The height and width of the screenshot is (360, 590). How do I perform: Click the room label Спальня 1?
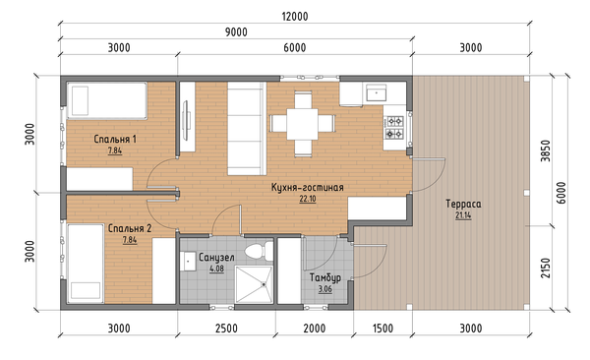click(x=115, y=139)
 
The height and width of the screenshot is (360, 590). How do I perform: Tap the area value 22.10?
click(x=308, y=199)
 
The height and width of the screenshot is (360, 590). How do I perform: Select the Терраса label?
click(x=463, y=204)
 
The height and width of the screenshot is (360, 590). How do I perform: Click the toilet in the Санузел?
click(x=259, y=250)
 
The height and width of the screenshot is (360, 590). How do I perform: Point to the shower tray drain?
click(x=265, y=284)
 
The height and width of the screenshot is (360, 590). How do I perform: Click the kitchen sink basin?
click(x=377, y=92)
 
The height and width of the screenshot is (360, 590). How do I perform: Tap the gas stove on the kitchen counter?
click(x=394, y=127)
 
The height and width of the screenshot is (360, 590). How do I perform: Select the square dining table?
click(x=302, y=124)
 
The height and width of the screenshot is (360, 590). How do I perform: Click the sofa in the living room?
click(x=247, y=129)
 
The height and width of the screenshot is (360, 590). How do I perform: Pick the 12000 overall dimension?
click(x=295, y=17)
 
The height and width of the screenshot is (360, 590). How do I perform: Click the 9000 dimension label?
click(x=236, y=32)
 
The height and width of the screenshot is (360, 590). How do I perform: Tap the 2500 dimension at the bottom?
click(x=226, y=329)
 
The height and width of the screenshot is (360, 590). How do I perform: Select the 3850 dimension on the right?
click(x=545, y=151)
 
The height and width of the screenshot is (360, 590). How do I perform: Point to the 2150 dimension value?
click(x=545, y=269)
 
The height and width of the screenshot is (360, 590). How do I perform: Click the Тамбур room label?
click(x=325, y=277)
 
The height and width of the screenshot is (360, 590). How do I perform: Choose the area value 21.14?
click(x=463, y=215)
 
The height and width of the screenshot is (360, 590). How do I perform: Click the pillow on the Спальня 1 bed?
click(x=80, y=100)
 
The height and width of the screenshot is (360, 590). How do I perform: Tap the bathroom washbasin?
click(x=188, y=261)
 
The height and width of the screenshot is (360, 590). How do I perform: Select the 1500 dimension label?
click(x=383, y=329)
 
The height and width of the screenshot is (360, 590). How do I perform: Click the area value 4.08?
click(x=216, y=269)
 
